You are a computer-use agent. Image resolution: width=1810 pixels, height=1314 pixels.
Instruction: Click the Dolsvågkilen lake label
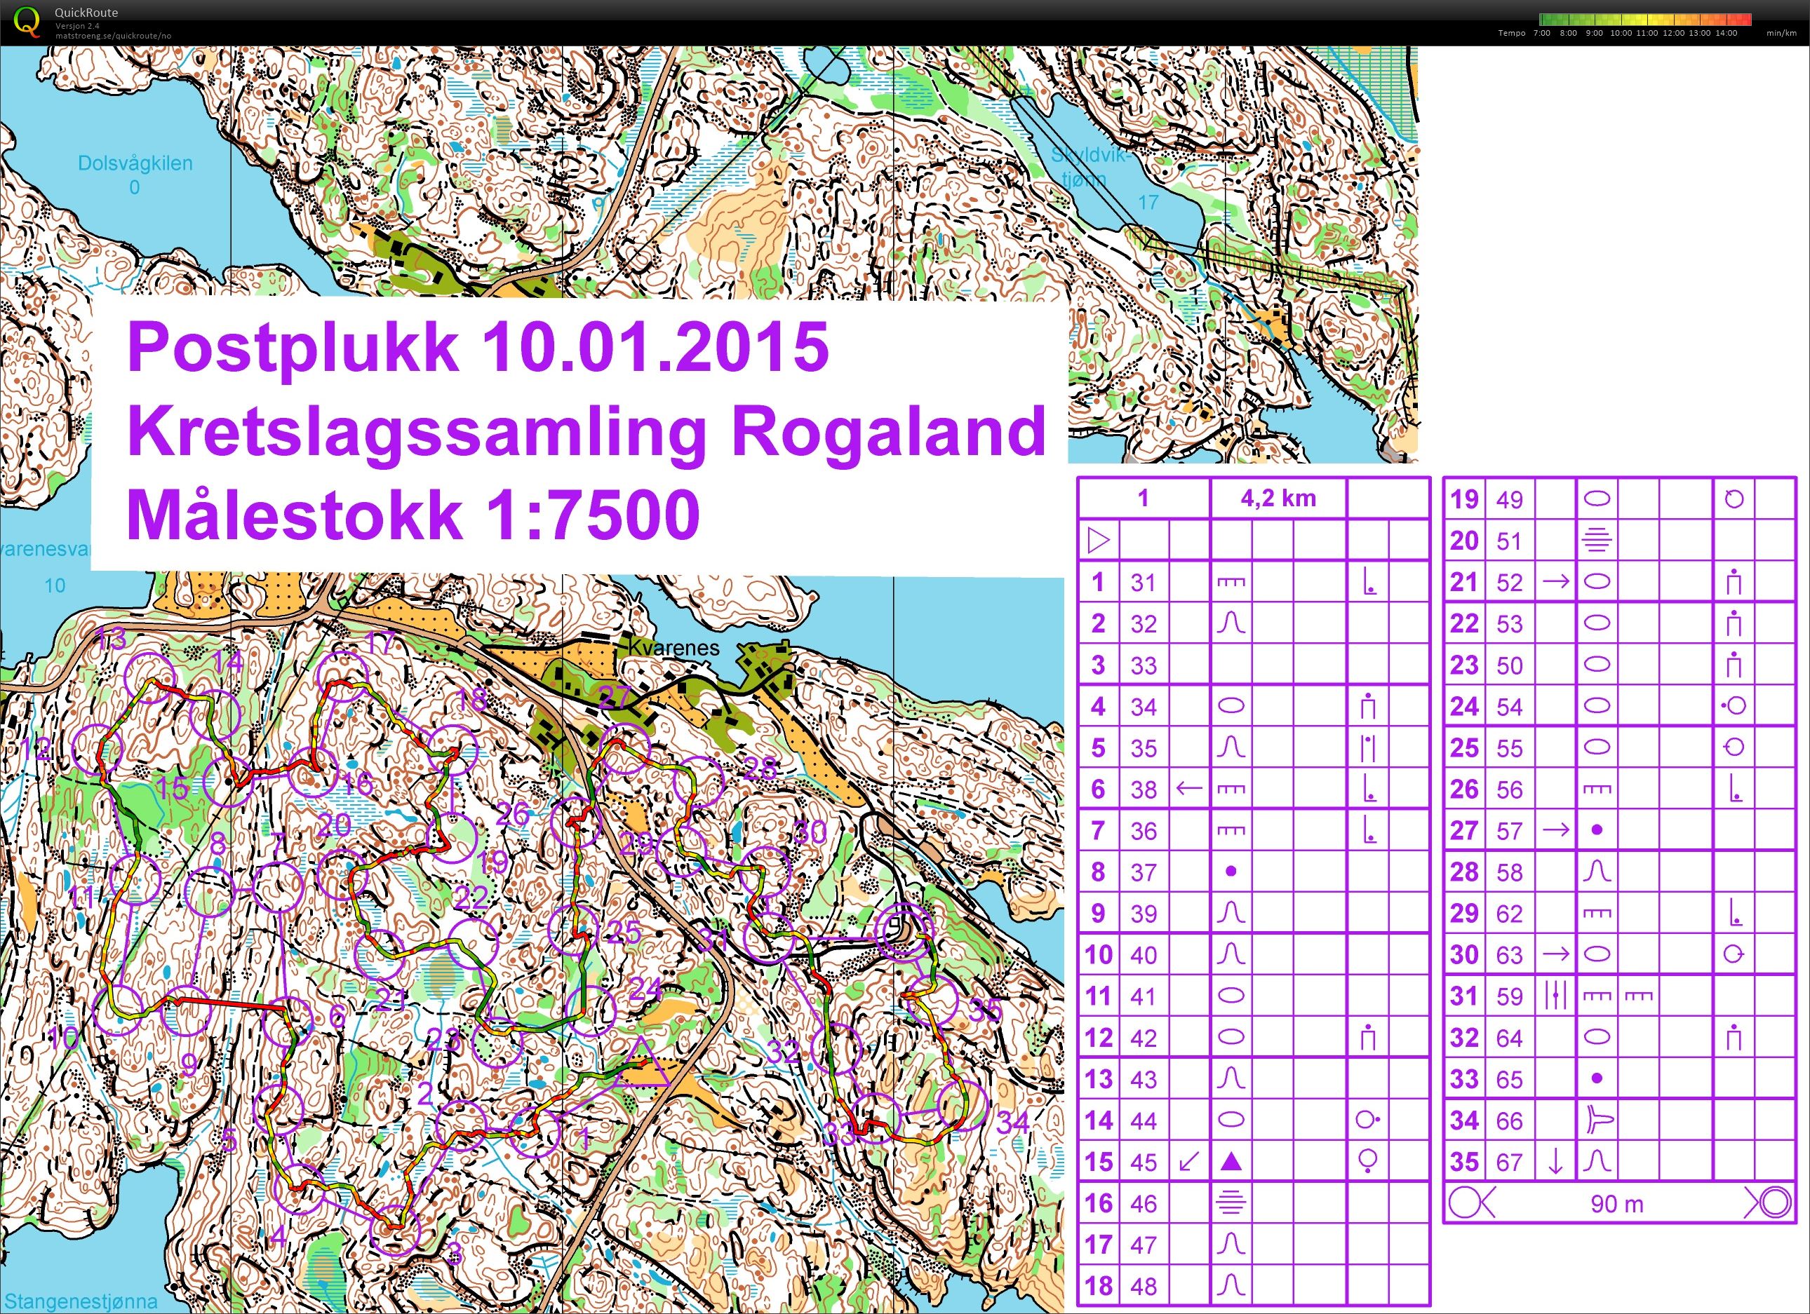(x=135, y=163)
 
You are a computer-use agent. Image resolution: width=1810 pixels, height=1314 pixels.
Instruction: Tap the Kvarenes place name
(x=673, y=647)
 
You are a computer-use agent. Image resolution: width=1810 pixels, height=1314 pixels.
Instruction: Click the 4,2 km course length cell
(x=1278, y=499)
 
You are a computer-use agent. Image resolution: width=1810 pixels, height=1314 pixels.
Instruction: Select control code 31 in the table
(x=1143, y=583)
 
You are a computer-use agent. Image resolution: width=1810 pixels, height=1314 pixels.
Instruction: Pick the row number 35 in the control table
(x=1464, y=1162)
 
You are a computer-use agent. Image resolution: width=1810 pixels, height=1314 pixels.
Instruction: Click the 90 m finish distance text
(x=1617, y=1204)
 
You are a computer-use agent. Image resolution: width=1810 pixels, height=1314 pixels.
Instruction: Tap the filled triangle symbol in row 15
(x=1231, y=1162)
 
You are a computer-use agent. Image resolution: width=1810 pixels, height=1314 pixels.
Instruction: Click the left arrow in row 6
(x=1189, y=789)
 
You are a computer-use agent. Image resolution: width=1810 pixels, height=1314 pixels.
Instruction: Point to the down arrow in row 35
(x=1555, y=1162)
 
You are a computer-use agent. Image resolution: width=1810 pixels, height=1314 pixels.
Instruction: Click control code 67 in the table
(x=1509, y=1162)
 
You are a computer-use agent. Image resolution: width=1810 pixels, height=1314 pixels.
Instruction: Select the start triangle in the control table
(x=1099, y=541)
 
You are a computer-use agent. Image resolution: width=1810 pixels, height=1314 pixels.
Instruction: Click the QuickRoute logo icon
(x=27, y=22)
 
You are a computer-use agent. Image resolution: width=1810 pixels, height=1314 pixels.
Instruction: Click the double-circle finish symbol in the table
(x=1769, y=1203)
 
